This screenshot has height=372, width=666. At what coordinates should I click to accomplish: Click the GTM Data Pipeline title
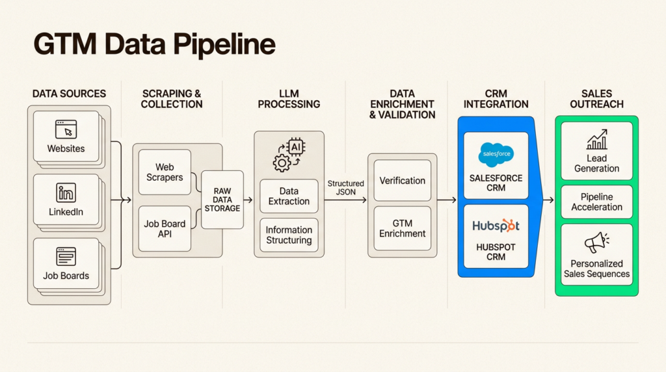tap(154, 45)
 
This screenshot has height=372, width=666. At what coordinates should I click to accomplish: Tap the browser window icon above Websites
tap(66, 129)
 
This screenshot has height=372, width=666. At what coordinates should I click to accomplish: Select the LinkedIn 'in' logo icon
tap(66, 193)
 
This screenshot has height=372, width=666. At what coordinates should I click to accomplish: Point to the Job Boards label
tap(66, 276)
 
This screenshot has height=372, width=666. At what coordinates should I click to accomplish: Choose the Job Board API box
tap(165, 228)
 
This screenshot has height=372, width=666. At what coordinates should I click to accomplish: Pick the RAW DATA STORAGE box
tap(222, 200)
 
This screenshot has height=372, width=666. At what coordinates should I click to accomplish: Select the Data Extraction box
tap(289, 196)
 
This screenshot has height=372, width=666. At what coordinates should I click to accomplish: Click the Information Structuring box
tap(289, 235)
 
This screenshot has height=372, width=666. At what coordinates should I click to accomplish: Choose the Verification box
tap(403, 181)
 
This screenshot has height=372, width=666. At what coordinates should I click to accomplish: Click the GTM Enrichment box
tap(403, 228)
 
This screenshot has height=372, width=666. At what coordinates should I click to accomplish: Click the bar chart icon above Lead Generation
tap(596, 139)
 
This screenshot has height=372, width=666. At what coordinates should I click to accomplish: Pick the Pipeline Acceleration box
tap(596, 202)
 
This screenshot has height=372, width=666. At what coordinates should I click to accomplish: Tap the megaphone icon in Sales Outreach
tap(596, 242)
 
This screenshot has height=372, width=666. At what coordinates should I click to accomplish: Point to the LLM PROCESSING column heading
tap(289, 99)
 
